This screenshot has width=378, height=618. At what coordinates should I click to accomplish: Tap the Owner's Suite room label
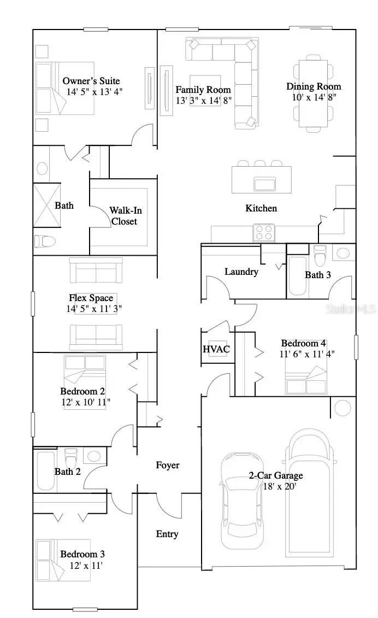(x=91, y=81)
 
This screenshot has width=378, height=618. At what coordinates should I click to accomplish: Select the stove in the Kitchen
(x=263, y=233)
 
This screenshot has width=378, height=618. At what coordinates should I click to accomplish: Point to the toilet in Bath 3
(x=320, y=255)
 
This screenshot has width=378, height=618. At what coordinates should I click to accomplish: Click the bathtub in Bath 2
(x=45, y=470)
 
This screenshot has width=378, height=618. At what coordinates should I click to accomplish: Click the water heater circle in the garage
(x=343, y=407)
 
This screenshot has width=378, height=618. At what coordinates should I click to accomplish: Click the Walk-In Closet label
(x=123, y=216)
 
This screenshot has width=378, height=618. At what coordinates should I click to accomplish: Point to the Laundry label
(x=241, y=272)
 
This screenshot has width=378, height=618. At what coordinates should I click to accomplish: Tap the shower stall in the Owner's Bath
(x=46, y=204)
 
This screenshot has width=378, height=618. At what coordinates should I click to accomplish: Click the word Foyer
(x=167, y=465)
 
